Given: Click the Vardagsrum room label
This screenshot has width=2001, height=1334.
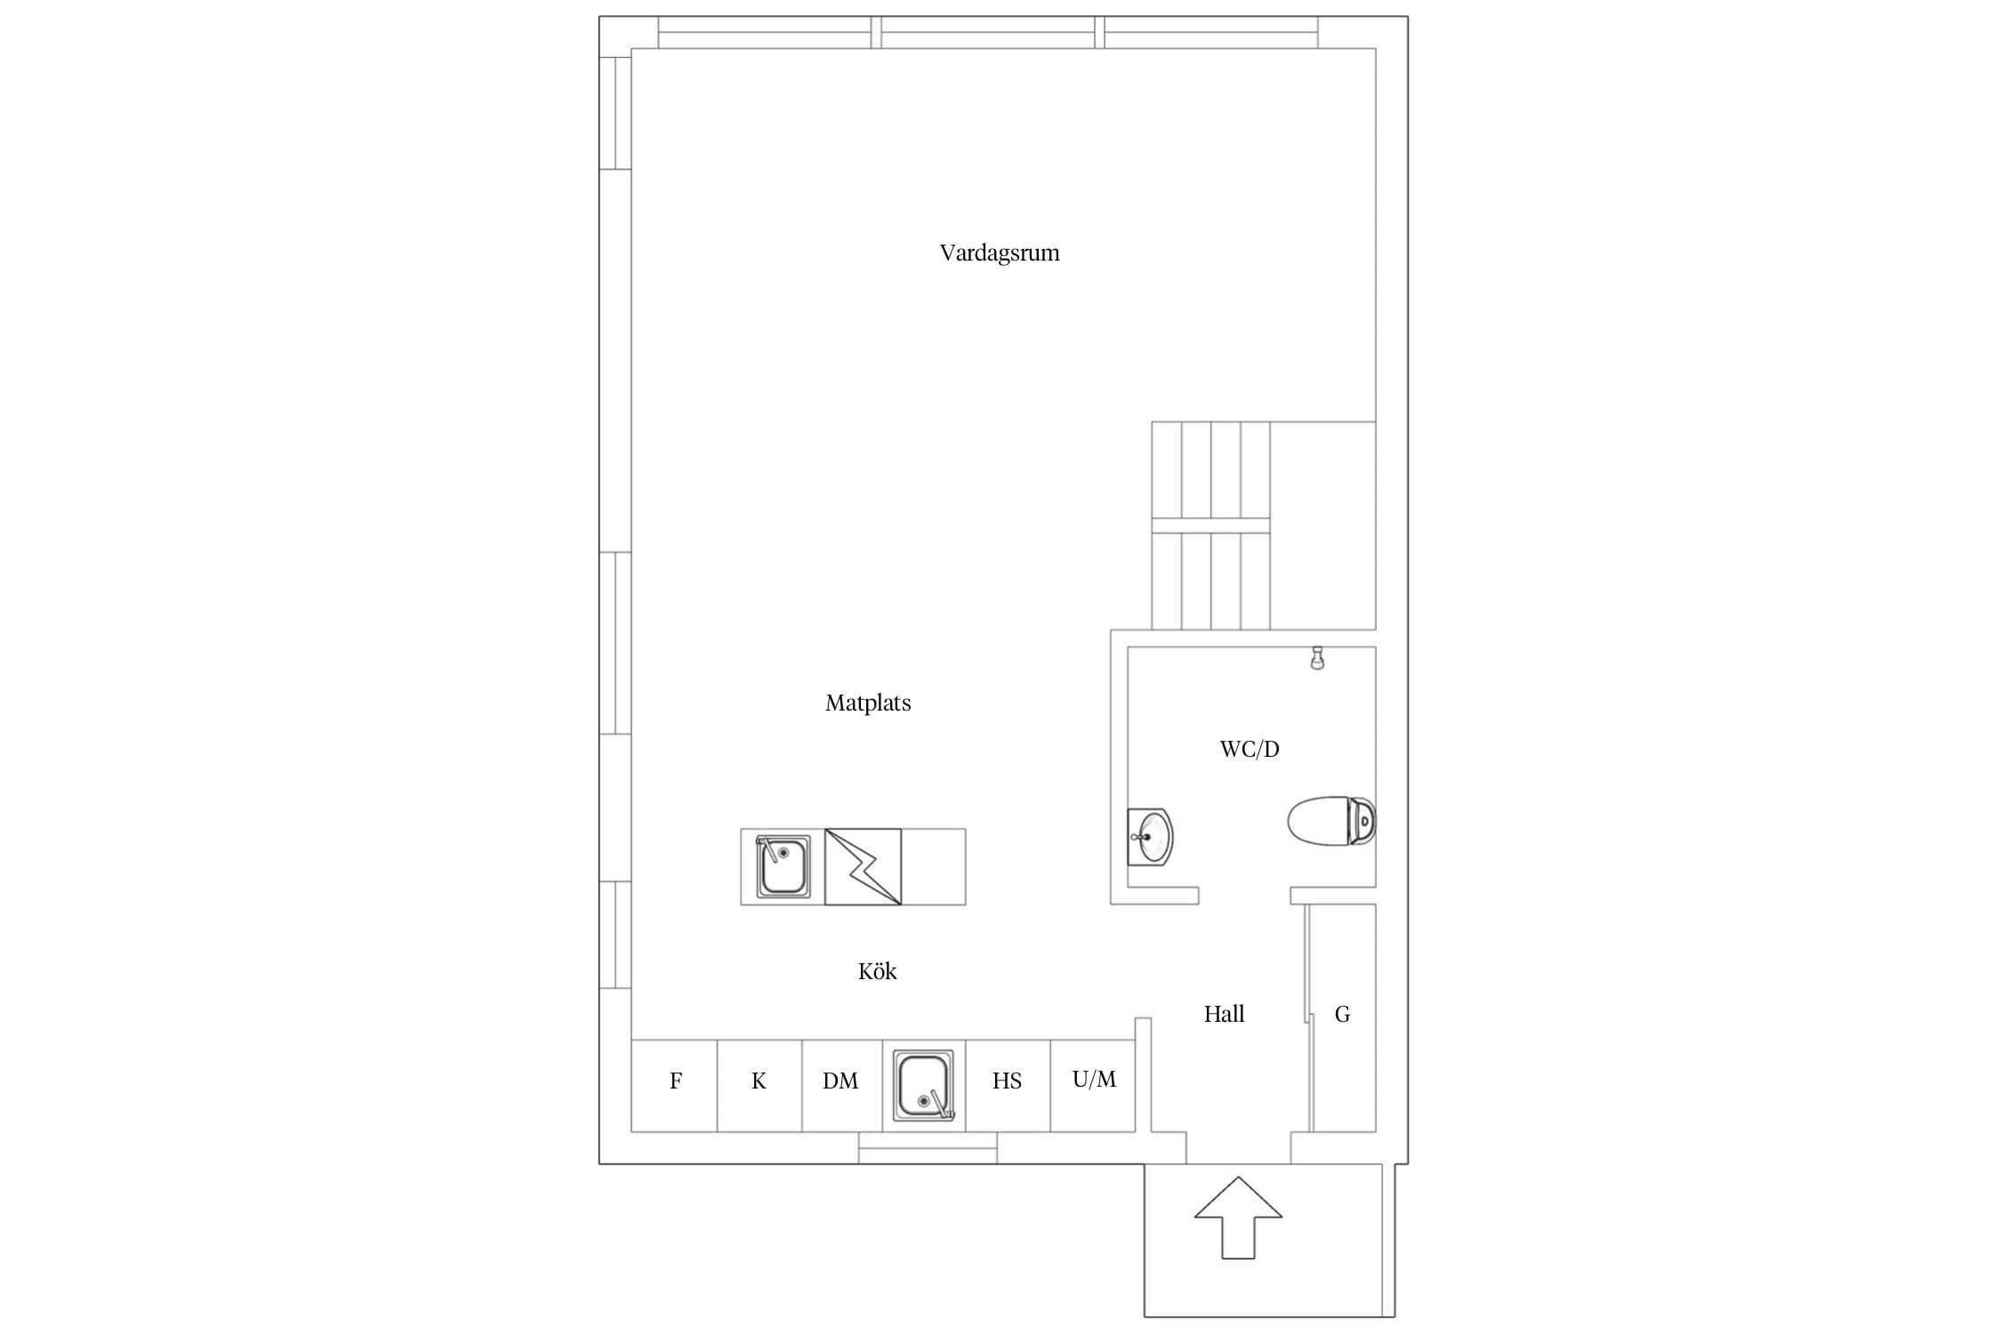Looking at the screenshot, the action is click(1000, 253).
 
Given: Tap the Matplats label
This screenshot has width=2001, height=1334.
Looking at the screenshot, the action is click(868, 703).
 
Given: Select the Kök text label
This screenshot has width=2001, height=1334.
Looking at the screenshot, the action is click(877, 971).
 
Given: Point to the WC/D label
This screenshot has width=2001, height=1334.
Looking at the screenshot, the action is click(1250, 750).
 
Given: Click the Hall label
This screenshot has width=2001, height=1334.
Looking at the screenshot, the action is click(1224, 1014).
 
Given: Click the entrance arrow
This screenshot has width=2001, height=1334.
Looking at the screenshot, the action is click(1238, 1217).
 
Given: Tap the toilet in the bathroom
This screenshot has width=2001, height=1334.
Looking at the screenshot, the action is click(1332, 821).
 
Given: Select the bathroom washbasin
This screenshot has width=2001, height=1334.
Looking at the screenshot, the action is click(1150, 837).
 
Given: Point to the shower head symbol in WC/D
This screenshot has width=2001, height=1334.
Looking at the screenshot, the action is click(1317, 658).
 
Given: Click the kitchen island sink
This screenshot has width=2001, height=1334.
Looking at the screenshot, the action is click(783, 866).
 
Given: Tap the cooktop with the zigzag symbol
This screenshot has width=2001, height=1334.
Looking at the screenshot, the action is click(863, 867).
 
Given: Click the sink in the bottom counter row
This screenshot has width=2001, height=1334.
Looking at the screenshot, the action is click(924, 1086).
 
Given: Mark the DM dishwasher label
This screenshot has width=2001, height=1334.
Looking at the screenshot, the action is click(840, 1081).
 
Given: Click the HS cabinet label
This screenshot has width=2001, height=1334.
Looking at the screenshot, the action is click(1007, 1081).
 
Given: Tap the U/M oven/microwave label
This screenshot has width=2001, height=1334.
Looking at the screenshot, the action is click(1094, 1080).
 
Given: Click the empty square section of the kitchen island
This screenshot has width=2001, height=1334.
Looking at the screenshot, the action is click(934, 867).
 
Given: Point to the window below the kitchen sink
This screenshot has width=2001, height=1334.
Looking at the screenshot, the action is click(928, 1148).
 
